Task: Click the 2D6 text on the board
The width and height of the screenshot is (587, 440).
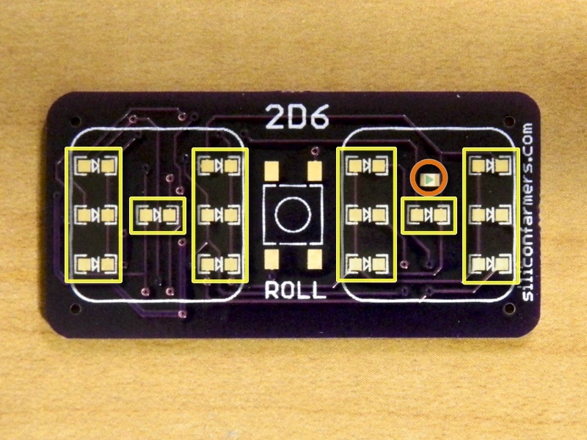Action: tap(298, 117)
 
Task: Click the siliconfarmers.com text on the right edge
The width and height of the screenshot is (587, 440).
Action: tap(528, 212)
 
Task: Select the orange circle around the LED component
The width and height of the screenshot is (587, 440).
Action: tap(429, 177)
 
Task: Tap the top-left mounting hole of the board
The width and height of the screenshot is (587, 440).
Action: tap(76, 121)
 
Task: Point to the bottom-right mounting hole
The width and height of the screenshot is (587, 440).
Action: tap(509, 309)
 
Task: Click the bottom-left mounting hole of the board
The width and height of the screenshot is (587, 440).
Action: tap(76, 309)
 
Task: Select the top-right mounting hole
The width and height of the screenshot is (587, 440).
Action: tap(509, 121)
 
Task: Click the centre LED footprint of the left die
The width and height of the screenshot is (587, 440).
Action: tap(158, 215)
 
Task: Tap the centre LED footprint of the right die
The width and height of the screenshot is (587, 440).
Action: tap(429, 215)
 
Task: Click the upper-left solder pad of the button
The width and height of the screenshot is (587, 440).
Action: tap(271, 171)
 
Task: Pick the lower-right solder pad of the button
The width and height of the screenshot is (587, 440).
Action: tap(315, 260)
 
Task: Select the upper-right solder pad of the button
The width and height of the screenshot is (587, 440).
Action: tap(315, 171)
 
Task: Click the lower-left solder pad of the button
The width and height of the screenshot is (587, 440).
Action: tap(271, 260)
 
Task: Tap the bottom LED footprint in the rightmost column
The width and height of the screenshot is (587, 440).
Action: tap(489, 264)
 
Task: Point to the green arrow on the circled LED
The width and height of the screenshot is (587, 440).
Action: tap(430, 180)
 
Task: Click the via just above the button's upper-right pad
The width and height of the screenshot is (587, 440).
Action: tap(316, 151)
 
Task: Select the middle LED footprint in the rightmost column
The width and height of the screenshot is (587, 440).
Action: tap(489, 215)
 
